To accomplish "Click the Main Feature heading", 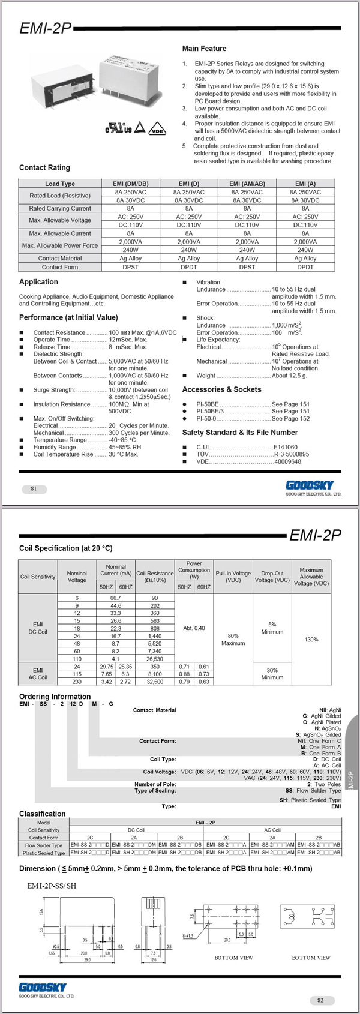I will (x=204, y=49).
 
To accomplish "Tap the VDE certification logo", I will (x=157, y=128).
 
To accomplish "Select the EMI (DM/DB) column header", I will (x=130, y=184).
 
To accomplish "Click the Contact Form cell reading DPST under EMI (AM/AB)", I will (x=247, y=267).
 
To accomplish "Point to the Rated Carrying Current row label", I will (x=60, y=208).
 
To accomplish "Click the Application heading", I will (x=38, y=282).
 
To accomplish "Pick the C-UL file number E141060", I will (x=285, y=447).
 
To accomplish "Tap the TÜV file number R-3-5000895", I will (x=291, y=454).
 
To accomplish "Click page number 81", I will (x=34, y=488).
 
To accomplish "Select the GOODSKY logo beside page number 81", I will (x=310, y=485).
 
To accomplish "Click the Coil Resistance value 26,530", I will (x=155, y=659).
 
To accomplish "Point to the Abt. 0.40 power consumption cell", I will (x=194, y=628).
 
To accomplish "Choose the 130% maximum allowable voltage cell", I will (x=311, y=640).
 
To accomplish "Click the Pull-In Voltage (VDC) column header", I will (x=233, y=577).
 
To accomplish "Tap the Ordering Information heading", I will (x=55, y=697).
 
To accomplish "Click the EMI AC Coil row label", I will (x=38, y=673).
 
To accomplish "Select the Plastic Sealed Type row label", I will (x=44, y=853).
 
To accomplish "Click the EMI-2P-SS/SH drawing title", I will (x=52, y=886).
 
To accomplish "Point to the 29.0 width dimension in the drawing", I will (x=88, y=960).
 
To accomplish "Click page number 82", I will (x=320, y=1000).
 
